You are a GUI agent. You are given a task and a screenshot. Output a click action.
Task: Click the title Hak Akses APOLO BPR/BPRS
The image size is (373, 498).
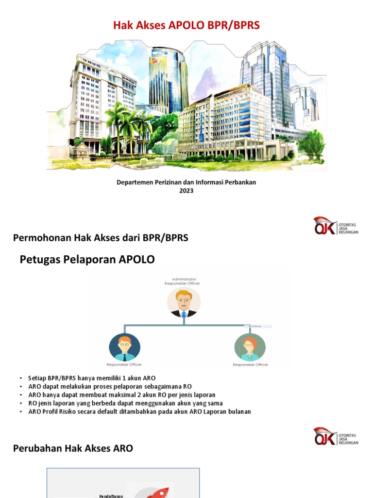pos(186,25)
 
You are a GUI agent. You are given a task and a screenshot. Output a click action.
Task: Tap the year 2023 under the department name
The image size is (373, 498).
pos(186,191)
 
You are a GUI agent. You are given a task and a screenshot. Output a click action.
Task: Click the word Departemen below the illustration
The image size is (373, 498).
pos(134,182)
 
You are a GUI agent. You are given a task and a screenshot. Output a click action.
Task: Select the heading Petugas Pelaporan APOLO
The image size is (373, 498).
pos(87,260)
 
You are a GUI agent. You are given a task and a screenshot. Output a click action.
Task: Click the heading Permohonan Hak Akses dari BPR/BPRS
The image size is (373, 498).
pos(101,238)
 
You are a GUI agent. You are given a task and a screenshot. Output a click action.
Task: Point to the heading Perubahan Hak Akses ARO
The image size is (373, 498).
pos(73,448)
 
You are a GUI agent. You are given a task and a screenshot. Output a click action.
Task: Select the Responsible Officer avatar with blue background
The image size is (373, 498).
pos(124,347)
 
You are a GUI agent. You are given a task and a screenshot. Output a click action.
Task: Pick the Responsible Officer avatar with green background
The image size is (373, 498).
pos(250,347)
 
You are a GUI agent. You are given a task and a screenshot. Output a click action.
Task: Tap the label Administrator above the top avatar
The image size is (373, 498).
pos(182,279)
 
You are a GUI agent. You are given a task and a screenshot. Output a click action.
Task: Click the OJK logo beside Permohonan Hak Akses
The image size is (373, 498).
pos(336,226)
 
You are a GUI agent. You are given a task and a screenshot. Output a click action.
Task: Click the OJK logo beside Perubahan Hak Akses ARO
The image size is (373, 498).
pos(336,436)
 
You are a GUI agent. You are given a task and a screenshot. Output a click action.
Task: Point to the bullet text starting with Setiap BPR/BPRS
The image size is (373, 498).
pos(92,378)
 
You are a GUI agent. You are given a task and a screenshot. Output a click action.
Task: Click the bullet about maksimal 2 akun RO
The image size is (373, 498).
pos(122,395)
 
